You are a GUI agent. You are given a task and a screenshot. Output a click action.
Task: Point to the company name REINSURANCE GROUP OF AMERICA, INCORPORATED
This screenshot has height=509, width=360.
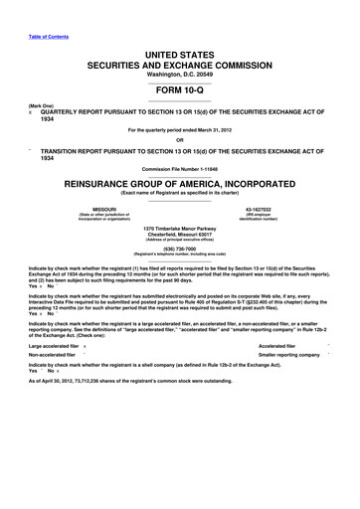tap(179, 184)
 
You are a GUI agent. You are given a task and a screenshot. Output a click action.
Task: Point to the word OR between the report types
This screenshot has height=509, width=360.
tap(179, 138)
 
